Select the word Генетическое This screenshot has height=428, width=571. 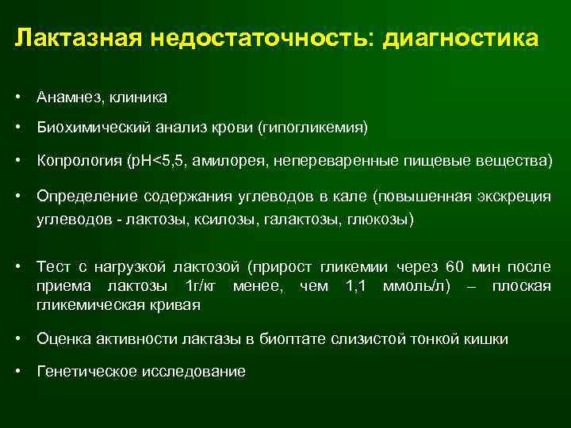click(x=83, y=371)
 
